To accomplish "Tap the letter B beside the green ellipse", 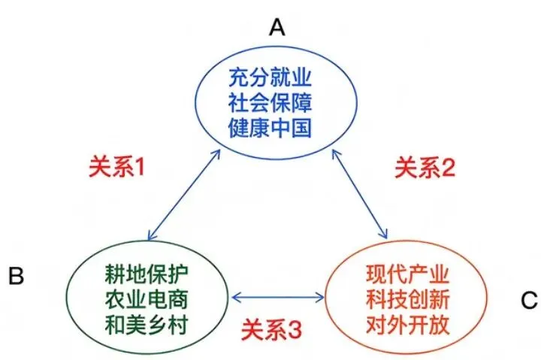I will point(17,276).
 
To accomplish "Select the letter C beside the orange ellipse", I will point(528,301).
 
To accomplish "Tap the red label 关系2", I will point(425,168).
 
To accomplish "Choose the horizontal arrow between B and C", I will point(278,296).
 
